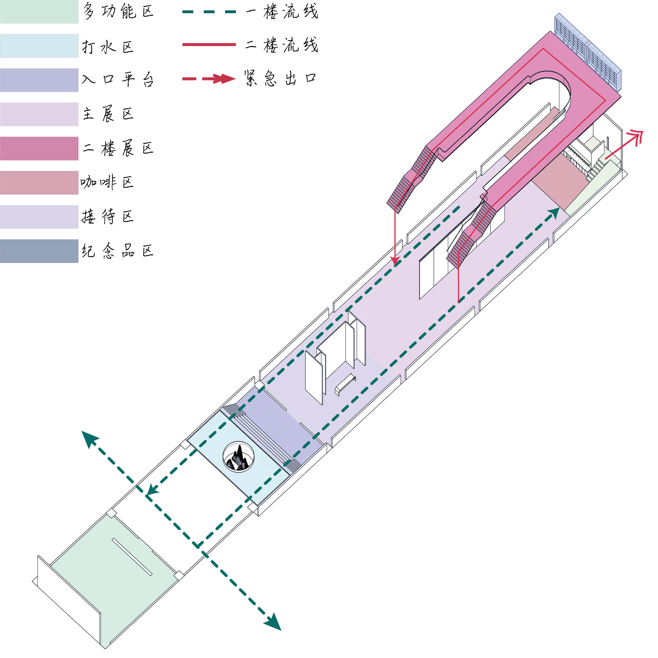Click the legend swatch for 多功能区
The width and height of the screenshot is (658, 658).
point(39,12)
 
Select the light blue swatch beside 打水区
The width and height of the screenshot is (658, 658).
point(39,46)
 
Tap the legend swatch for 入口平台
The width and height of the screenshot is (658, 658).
point(39,80)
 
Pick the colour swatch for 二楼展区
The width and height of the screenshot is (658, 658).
point(39,149)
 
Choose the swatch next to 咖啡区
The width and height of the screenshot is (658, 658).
point(39,183)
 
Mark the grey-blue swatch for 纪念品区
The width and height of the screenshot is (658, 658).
point(39,251)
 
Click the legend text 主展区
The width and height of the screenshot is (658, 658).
point(108,114)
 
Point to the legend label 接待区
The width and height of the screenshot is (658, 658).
point(108,217)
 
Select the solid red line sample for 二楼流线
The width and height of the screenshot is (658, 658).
point(209,45)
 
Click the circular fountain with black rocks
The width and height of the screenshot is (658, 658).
point(239,457)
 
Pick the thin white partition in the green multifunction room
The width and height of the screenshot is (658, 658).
point(132,557)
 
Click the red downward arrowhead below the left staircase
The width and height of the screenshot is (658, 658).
point(395,262)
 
